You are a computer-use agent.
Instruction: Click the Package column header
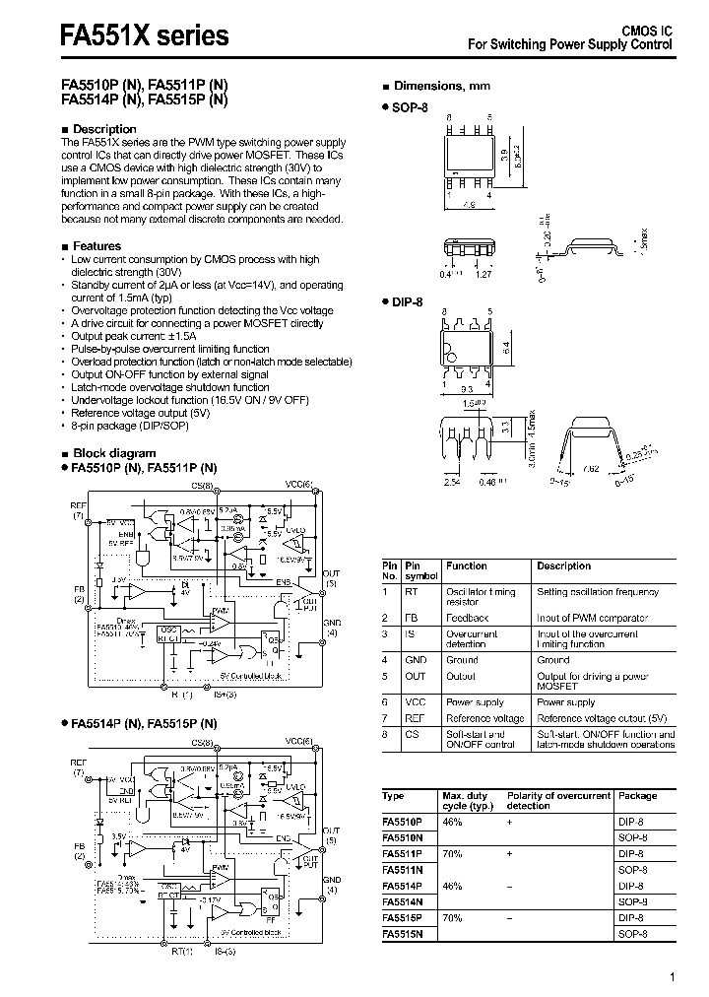[x=637, y=795]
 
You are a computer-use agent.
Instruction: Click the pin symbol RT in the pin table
[x=412, y=592]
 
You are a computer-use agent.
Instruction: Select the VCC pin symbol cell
[x=415, y=702]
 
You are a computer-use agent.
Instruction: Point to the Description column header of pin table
[x=563, y=566]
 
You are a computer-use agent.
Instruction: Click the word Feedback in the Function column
[x=467, y=618]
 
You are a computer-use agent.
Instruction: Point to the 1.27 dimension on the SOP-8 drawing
[x=484, y=276]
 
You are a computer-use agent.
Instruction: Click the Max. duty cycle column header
[x=466, y=800]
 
